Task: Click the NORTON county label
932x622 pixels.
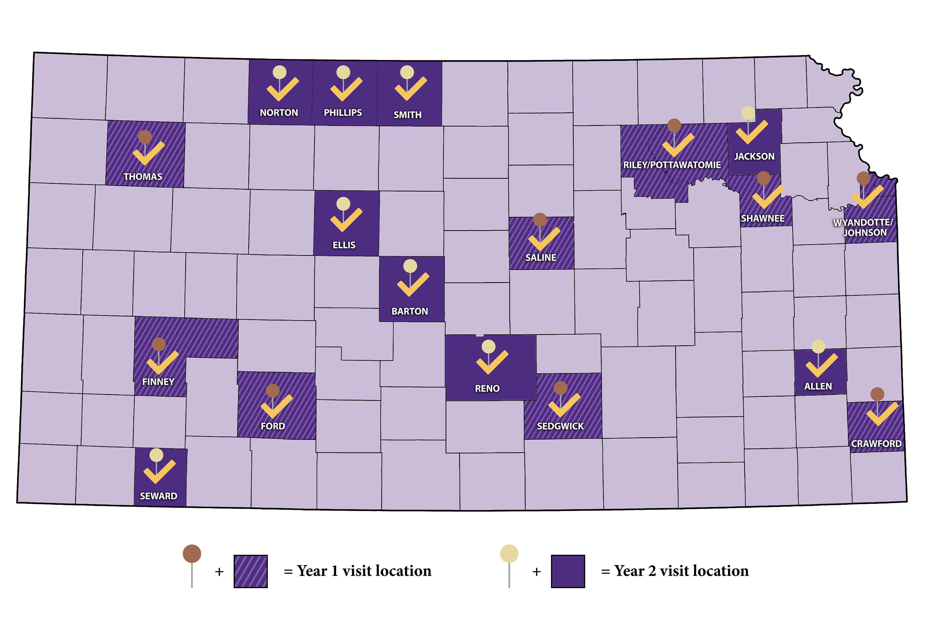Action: point(279,113)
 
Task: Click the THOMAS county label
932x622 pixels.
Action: point(143,176)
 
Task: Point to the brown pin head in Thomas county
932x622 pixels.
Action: point(145,137)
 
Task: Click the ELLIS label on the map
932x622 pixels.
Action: point(344,245)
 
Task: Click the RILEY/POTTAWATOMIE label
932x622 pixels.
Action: point(672,165)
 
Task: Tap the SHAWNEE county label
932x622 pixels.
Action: point(763,219)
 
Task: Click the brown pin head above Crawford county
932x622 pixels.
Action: point(877,394)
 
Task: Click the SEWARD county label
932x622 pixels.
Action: point(158,496)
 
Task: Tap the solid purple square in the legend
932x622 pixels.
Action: point(568,571)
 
